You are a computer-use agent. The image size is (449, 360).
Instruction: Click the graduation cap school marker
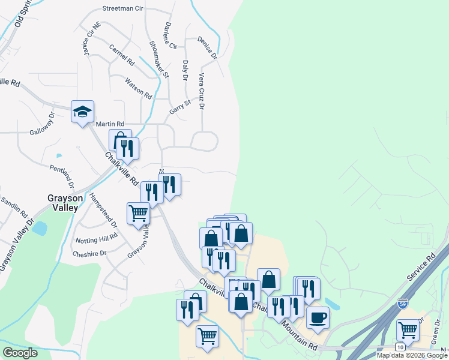pyautogui.click(x=83, y=111)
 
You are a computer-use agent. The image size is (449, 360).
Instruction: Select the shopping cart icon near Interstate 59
pyautogui.click(x=408, y=329)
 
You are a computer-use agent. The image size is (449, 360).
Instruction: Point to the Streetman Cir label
pyautogui.click(x=123, y=9)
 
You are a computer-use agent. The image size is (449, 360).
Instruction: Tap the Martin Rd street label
pyautogui.click(x=110, y=124)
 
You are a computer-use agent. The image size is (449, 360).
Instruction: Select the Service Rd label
pyautogui.click(x=420, y=269)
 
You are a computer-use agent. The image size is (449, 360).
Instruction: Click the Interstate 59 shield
pyautogui.click(x=403, y=304)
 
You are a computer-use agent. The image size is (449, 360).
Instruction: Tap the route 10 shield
pyautogui.click(x=400, y=347)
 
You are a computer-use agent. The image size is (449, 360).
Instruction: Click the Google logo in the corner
pyautogui.click(x=20, y=353)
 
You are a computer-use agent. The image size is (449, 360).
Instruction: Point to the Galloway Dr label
pyautogui.click(x=42, y=125)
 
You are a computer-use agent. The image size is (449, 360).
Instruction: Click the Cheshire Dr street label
pyautogui.click(x=89, y=253)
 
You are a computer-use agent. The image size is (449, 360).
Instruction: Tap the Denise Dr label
pyautogui.click(x=206, y=47)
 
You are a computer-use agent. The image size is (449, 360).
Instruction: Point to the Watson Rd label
pyautogui.click(x=138, y=88)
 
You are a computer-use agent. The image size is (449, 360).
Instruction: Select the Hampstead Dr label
pyautogui.click(x=103, y=210)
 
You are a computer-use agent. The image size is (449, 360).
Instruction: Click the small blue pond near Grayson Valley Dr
pyautogui.click(x=40, y=229)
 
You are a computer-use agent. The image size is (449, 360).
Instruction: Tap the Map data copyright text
pyautogui.click(x=412, y=355)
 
